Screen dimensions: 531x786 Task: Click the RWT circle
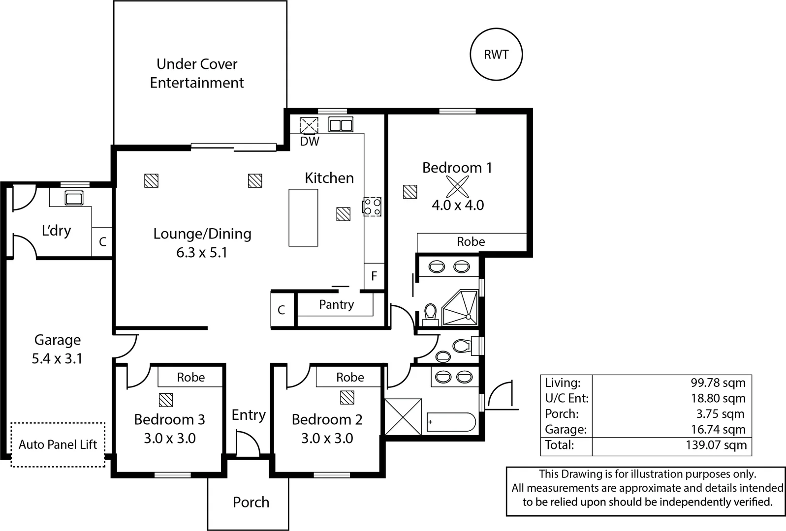(496, 55)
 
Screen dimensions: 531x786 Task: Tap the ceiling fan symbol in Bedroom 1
(457, 187)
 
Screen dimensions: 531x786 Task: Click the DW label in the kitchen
(310, 142)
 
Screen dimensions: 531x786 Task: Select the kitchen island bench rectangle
(303, 217)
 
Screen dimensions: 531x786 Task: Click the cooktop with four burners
(372, 206)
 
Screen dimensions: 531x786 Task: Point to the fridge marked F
(374, 276)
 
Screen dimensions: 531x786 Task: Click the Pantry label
(336, 304)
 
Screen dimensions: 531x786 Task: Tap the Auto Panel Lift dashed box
(58, 444)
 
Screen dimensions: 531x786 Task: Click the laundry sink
(74, 198)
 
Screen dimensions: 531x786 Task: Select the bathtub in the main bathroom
(451, 422)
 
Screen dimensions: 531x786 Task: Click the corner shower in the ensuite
(461, 308)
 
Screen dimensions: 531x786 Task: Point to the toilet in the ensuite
(431, 314)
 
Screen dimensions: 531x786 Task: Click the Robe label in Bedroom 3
(190, 377)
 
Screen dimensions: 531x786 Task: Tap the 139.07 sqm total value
(716, 445)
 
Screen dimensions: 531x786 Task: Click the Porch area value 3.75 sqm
(720, 414)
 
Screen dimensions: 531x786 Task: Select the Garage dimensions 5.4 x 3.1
(57, 358)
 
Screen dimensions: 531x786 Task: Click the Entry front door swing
(248, 444)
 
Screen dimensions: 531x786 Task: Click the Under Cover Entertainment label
(197, 73)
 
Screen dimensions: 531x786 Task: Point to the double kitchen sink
(341, 125)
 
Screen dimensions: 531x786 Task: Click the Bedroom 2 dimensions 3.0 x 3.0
(327, 438)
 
